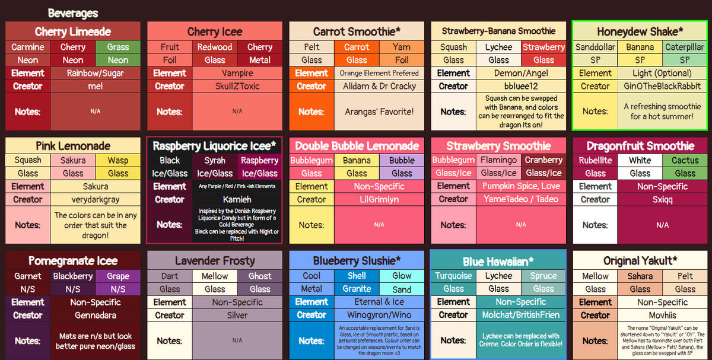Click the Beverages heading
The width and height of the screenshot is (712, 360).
[73, 13]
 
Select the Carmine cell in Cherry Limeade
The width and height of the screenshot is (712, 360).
[28, 47]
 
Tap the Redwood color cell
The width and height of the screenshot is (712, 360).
[215, 47]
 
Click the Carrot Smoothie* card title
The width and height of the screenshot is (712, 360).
[357, 31]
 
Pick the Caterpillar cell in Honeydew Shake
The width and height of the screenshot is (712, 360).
[685, 47]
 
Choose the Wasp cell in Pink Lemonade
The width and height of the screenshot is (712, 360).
[118, 160]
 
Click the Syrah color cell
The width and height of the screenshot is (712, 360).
[215, 160]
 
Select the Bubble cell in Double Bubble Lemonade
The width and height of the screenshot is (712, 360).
[402, 160]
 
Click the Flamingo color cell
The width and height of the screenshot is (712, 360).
[498, 160]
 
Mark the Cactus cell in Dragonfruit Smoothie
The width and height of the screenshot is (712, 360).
[685, 160]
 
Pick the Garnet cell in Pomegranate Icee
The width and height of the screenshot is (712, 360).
[28, 276]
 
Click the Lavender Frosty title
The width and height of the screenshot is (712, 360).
[215, 261]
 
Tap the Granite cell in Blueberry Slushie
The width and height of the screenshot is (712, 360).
[357, 289]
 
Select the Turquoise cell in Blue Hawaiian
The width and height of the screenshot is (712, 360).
[453, 276]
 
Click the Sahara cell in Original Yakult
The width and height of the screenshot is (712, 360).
[640, 276]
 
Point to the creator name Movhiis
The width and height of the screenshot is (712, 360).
[662, 315]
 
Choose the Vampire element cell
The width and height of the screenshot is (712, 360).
[237, 73]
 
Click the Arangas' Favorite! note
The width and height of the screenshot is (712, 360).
[379, 111]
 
